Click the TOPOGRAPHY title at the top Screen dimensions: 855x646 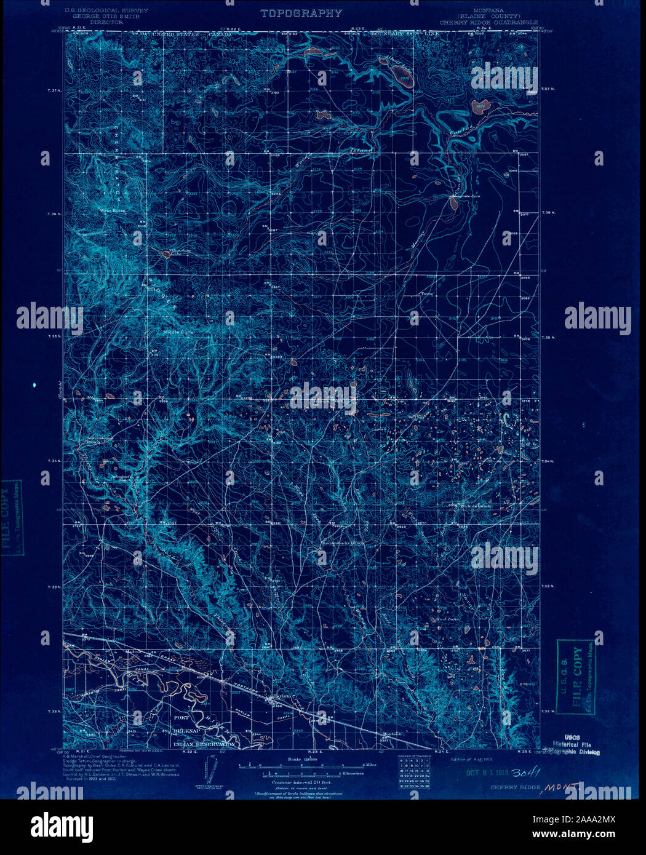[x=300, y=14]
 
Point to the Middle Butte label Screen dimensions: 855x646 [x=177, y=332]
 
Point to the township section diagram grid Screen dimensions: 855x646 [x=413, y=773]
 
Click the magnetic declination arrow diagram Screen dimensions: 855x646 [x=207, y=771]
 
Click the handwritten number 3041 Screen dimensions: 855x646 [x=526, y=772]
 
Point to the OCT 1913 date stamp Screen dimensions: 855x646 [x=486, y=773]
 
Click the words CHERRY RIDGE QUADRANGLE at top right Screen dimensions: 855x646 [x=490, y=22]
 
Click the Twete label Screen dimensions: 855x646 [x=427, y=293]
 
